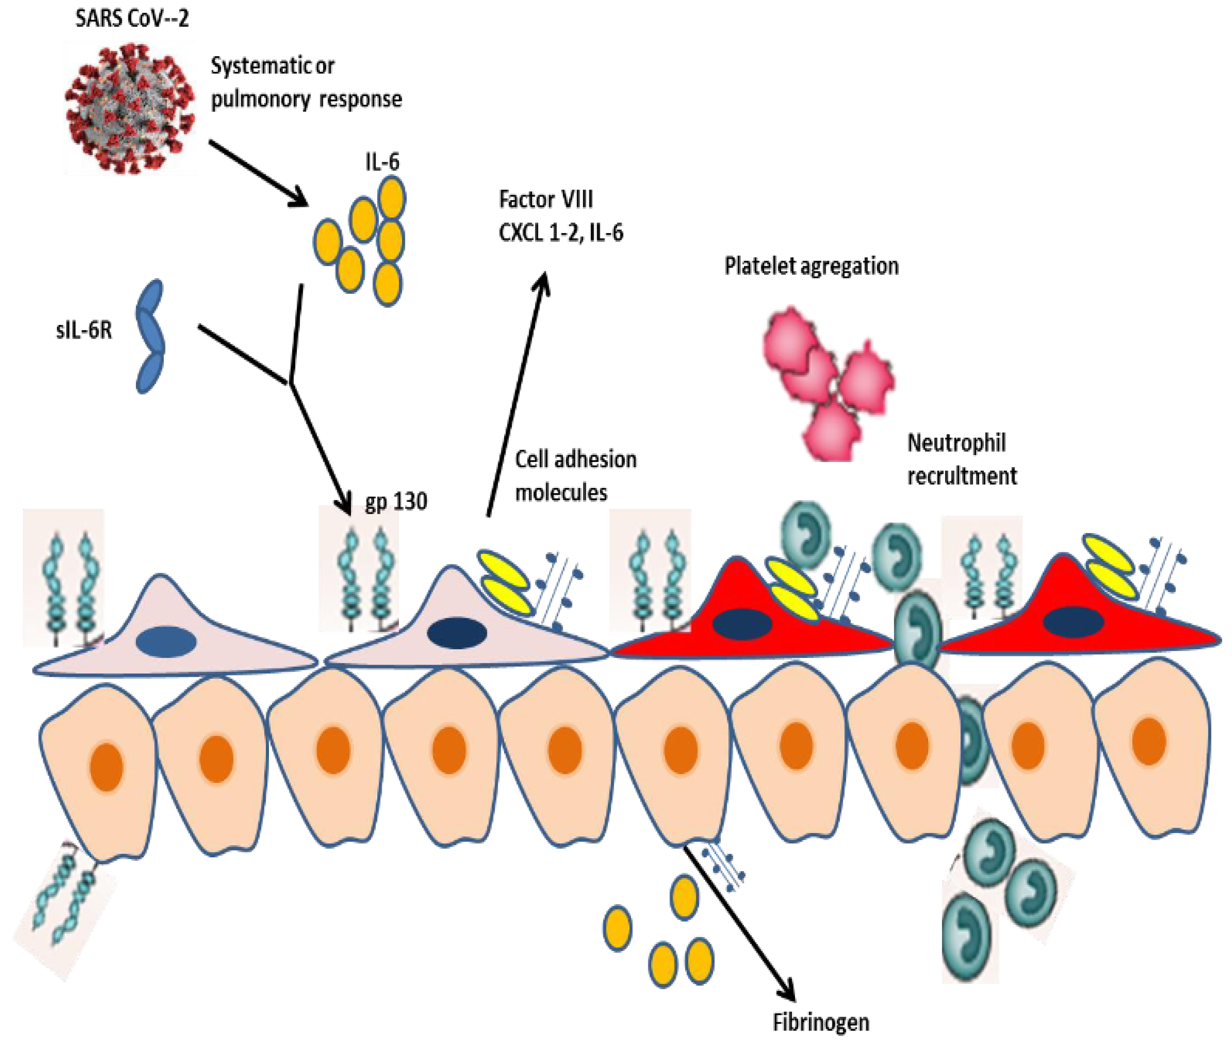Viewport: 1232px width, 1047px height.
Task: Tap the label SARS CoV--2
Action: click(132, 19)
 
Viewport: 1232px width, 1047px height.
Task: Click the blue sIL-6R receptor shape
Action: click(150, 336)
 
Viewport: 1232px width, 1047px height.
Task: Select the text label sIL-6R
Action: click(84, 330)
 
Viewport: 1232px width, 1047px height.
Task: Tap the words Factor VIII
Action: click(545, 199)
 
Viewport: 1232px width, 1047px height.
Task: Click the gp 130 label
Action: click(395, 502)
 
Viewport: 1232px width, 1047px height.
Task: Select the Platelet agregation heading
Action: click(811, 266)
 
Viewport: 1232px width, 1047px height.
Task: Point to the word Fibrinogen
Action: click(820, 1022)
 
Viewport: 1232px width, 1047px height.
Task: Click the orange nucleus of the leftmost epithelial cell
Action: click(106, 768)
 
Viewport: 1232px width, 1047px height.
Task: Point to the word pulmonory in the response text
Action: click(260, 99)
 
